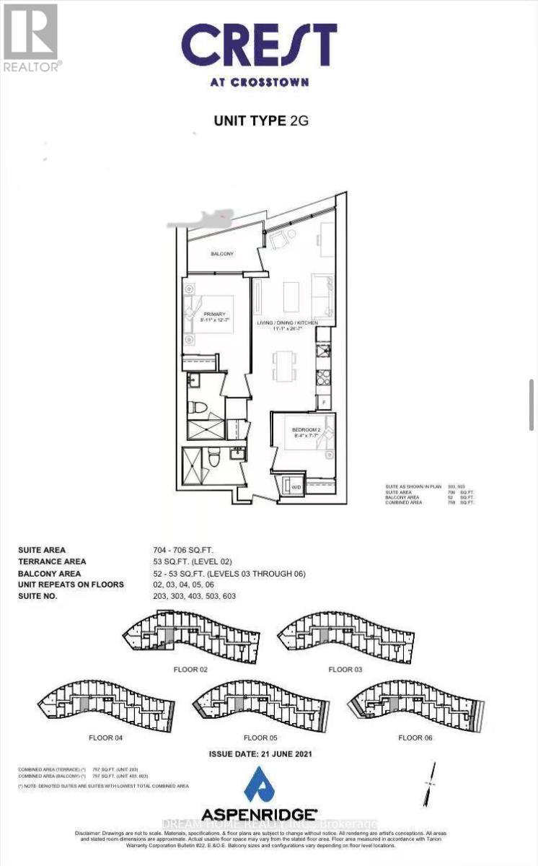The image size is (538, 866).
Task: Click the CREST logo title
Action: pos(259,45)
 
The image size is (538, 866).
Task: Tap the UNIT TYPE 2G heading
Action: pos(260,121)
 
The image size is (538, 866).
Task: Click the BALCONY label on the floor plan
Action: pos(221,255)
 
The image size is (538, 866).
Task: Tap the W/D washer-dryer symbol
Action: pos(296,488)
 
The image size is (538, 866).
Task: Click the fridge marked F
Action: pos(325,400)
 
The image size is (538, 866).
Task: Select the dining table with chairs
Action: pos(285,364)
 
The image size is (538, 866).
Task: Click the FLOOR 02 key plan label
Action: pos(190,670)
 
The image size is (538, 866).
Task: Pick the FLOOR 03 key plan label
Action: pos(345,670)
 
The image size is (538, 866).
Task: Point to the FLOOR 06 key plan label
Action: pos(415,738)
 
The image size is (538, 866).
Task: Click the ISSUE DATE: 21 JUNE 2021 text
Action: pos(260,753)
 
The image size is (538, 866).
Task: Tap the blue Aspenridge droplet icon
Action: pos(259,784)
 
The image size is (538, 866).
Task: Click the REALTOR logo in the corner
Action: pos(31,36)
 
